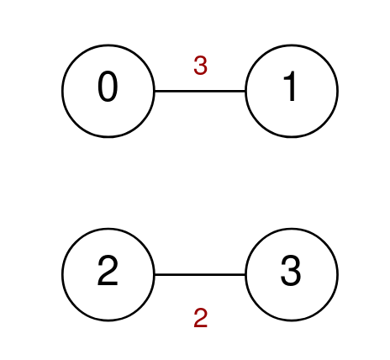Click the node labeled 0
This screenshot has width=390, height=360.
(x=108, y=91)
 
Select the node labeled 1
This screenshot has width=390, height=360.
(x=292, y=91)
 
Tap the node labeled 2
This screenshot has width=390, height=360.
(x=108, y=274)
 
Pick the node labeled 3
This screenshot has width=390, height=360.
(x=292, y=274)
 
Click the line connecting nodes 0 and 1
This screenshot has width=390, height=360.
(x=200, y=91)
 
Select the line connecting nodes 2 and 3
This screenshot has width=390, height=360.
(x=200, y=274)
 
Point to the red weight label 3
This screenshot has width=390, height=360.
(x=200, y=66)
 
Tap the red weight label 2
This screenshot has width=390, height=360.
(x=200, y=318)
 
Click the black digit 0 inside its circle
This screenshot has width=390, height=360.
(x=108, y=87)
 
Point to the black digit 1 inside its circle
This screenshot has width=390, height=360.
(x=290, y=86)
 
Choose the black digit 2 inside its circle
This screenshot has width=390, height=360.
(x=108, y=271)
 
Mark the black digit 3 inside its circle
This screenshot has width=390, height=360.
(x=291, y=271)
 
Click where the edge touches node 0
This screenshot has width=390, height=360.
(x=155, y=91)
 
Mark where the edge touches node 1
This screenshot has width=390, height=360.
(x=245, y=91)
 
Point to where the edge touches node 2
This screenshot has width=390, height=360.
(x=155, y=274)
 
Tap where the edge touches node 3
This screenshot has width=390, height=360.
(x=245, y=274)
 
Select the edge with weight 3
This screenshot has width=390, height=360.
(x=200, y=91)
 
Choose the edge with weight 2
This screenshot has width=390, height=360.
(x=200, y=274)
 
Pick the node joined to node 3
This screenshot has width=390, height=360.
(x=108, y=274)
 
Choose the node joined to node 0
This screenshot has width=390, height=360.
(x=292, y=91)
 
